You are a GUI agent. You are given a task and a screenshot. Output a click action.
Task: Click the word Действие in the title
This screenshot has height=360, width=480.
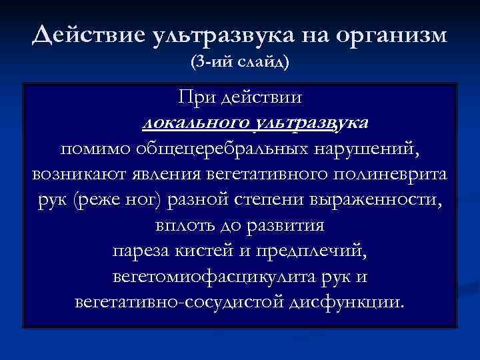82,34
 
